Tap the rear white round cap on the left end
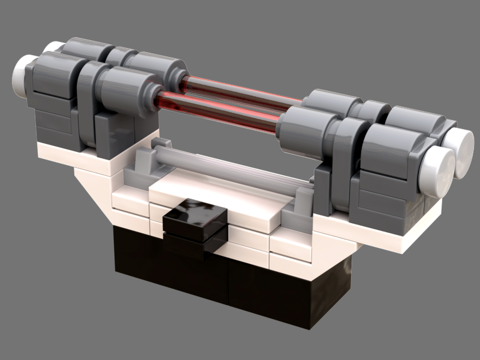[x=52, y=47]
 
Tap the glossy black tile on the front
[x=195, y=218]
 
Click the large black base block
[x=230, y=283]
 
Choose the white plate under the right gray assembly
[x=384, y=235]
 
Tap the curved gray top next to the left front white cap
[x=53, y=72]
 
